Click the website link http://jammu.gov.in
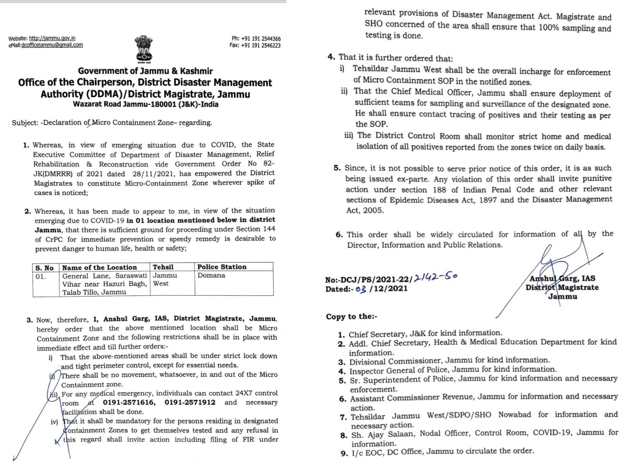pyautogui.click(x=52, y=38)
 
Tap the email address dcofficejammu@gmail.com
pyautogui.click(x=52, y=45)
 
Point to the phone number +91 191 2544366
pyautogui.click(x=261, y=39)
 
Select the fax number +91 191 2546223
pyautogui.click(x=261, y=45)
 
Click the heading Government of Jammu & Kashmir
pyautogui.click(x=145, y=71)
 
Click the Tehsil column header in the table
pyautogui.click(x=163, y=267)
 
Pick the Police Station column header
pyautogui.click(x=222, y=267)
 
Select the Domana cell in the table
pyautogui.click(x=211, y=275)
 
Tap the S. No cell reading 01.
pyautogui.click(x=40, y=276)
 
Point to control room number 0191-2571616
pyautogui.click(x=129, y=402)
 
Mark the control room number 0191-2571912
pyautogui.click(x=190, y=402)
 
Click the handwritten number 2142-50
pyautogui.click(x=436, y=277)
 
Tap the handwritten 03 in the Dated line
pyautogui.click(x=360, y=289)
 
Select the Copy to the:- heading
pyautogui.click(x=352, y=316)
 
